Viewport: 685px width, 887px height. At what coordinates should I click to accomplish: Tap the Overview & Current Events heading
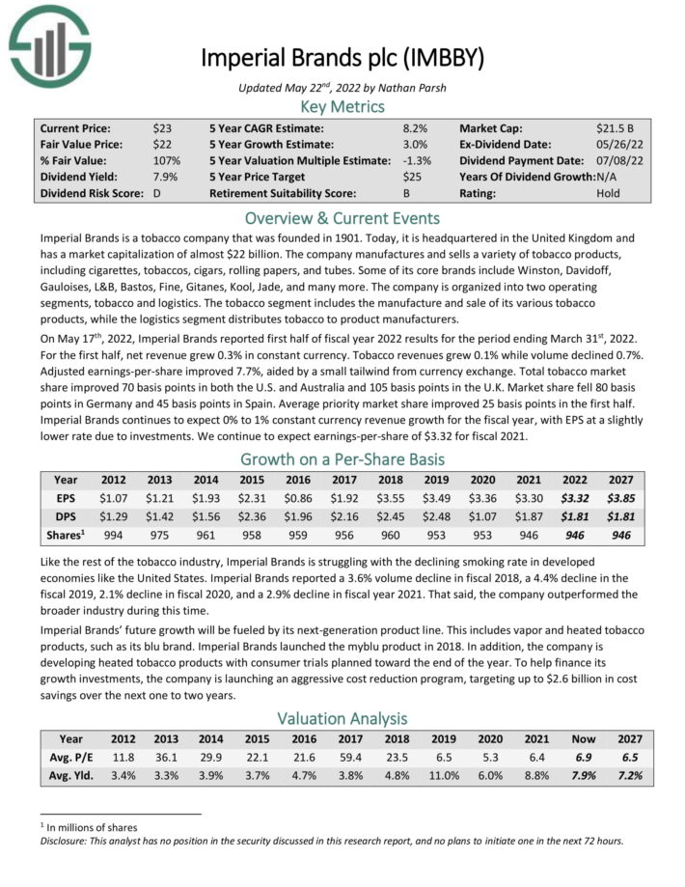click(x=342, y=217)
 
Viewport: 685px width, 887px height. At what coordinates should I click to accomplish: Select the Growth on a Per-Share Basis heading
click(x=342, y=458)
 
